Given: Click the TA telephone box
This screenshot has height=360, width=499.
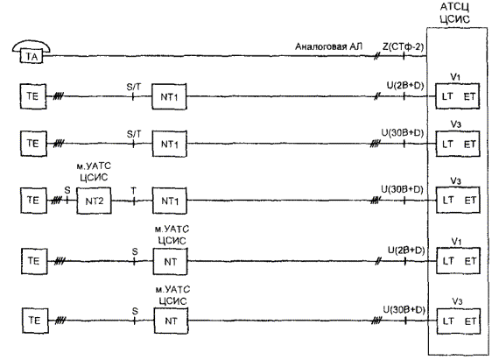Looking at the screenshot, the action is tap(32, 56).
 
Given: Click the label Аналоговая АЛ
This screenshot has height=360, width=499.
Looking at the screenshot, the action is tap(328, 46).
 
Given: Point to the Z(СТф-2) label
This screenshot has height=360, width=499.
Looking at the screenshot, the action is tap(403, 46).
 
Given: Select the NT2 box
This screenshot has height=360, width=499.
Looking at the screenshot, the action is tap(94, 201).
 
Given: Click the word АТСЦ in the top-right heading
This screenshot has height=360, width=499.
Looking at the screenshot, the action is tap(454, 7).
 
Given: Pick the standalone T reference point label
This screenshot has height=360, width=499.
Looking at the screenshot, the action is tap(133, 191).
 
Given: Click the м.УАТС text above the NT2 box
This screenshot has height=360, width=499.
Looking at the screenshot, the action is tap(94, 166).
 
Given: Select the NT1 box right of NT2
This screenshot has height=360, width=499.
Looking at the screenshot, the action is tap(169, 201).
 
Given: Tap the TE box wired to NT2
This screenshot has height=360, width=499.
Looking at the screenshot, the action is tap(33, 201).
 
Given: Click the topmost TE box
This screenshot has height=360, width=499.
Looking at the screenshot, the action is tap(33, 96).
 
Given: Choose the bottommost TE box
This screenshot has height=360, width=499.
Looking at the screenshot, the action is tap(35, 321).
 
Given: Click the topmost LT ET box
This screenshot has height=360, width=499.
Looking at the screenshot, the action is tap(457, 96).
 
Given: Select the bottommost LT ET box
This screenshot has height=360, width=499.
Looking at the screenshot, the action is tap(458, 321).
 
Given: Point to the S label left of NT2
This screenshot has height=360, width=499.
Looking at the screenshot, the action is tap(67, 190).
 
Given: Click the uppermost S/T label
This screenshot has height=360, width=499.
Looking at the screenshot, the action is tap(134, 87).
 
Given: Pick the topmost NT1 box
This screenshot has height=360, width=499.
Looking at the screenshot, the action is tap(169, 96).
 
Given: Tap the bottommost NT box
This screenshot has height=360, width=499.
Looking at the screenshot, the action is tap(172, 321).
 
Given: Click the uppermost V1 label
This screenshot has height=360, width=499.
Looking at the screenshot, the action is tap(455, 77).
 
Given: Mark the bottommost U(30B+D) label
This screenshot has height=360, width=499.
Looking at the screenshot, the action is tap(404, 309).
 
